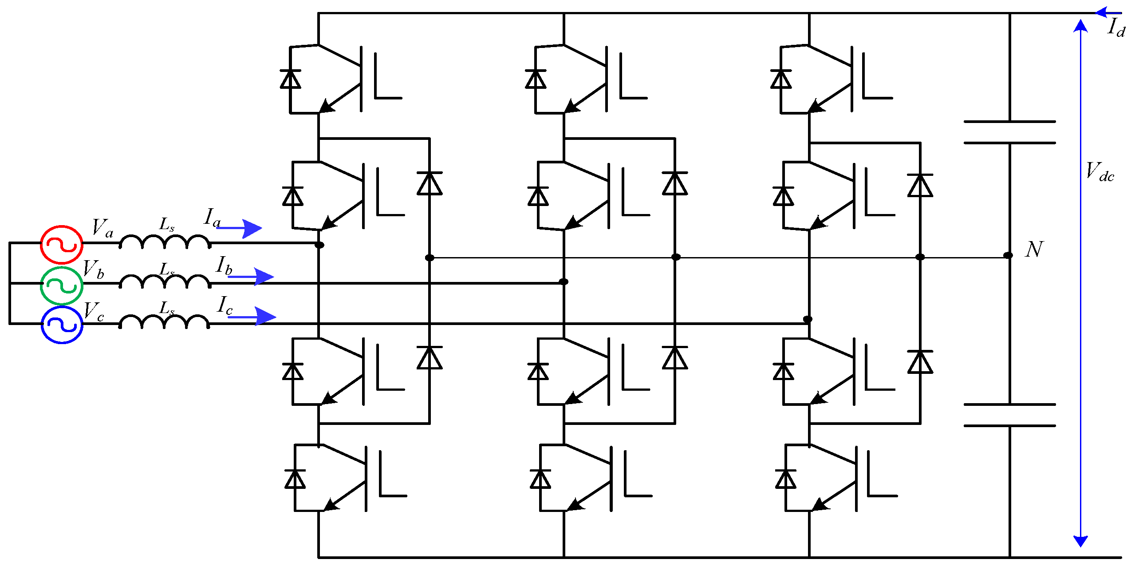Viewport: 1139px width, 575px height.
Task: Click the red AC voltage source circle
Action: (x=62, y=245)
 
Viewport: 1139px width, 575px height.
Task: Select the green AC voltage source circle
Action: (x=62, y=286)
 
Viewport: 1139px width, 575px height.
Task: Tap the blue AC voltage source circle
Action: (x=62, y=325)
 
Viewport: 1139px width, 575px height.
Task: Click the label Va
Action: (x=102, y=228)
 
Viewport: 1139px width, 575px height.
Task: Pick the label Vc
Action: (x=94, y=311)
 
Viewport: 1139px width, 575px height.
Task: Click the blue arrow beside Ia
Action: (x=242, y=229)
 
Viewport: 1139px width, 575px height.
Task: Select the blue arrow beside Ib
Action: (x=253, y=277)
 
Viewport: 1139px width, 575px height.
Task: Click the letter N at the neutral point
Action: (x=1034, y=250)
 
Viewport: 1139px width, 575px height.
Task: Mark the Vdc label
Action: (x=1100, y=172)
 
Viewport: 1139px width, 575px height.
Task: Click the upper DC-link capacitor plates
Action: (x=1009, y=132)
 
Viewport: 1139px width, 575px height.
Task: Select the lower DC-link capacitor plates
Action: (x=1009, y=415)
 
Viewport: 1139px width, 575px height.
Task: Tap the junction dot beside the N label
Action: (x=1008, y=255)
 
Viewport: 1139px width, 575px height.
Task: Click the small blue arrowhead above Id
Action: (x=1103, y=12)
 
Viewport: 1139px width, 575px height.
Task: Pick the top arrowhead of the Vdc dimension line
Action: (x=1080, y=25)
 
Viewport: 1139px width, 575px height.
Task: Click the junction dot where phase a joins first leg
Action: (x=319, y=245)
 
